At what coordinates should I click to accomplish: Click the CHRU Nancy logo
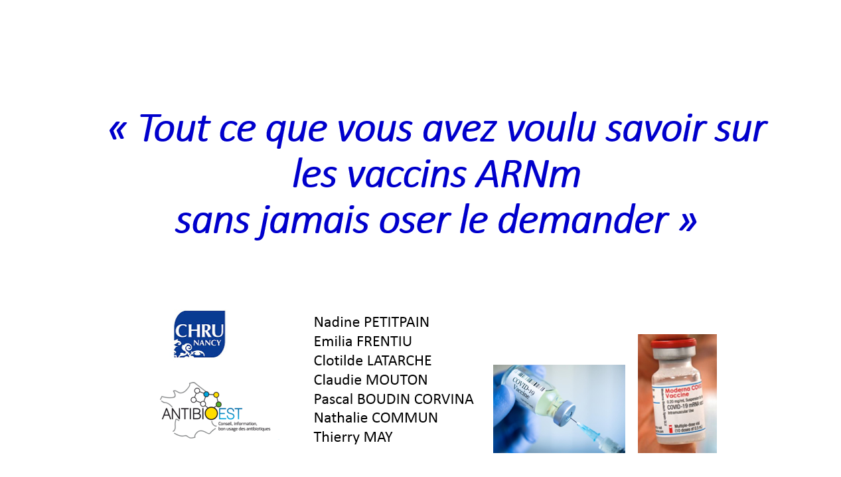[199, 334]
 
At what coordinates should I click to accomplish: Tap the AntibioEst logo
[214, 411]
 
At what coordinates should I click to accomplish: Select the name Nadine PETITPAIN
[371, 322]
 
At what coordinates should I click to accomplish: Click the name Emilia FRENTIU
[362, 341]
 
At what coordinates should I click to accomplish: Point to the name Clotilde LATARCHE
[372, 361]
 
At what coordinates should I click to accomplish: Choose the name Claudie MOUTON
[370, 380]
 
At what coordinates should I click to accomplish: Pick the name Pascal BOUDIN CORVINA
[393, 399]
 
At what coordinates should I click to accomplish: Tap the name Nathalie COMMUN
[376, 418]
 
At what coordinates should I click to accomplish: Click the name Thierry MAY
[353, 437]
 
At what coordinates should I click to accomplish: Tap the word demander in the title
[581, 221]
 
